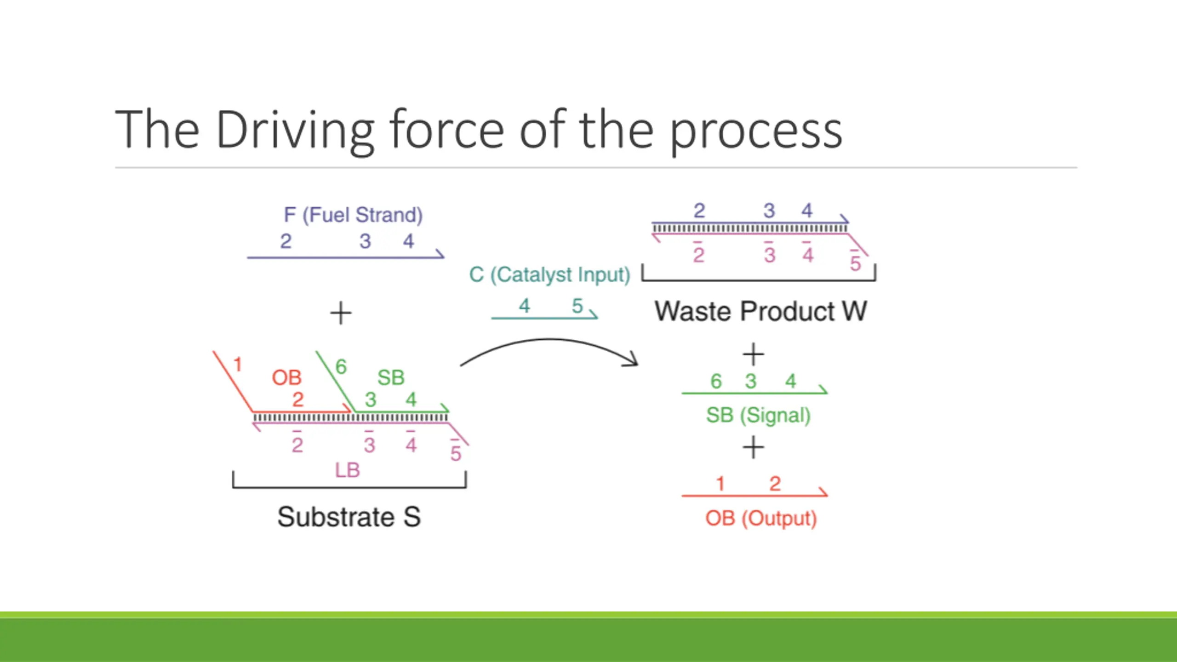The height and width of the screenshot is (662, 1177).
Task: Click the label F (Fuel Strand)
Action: pyautogui.click(x=353, y=215)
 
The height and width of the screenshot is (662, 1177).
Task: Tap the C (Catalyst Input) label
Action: pyautogui.click(x=549, y=275)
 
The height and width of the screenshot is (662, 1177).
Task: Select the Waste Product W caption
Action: pyautogui.click(x=760, y=311)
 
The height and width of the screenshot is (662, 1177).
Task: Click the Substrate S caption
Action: pyautogui.click(x=349, y=517)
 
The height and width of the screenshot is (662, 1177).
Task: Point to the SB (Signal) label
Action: pyautogui.click(x=758, y=415)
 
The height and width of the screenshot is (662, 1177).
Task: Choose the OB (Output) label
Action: pyautogui.click(x=761, y=519)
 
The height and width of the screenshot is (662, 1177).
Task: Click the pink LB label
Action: pyautogui.click(x=347, y=470)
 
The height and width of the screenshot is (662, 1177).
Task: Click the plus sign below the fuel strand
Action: pyautogui.click(x=341, y=313)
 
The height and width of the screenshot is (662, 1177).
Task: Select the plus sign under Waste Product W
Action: pyautogui.click(x=753, y=354)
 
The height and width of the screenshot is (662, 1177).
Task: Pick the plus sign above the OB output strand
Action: pyautogui.click(x=753, y=447)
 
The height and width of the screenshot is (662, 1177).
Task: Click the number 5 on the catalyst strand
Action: pyautogui.click(x=577, y=306)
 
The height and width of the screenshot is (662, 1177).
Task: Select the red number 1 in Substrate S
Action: pyautogui.click(x=237, y=365)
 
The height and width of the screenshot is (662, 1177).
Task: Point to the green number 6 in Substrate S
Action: pyautogui.click(x=341, y=366)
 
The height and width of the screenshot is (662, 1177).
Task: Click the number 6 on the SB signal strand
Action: pyautogui.click(x=716, y=381)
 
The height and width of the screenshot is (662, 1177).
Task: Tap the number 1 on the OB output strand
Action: pyautogui.click(x=720, y=484)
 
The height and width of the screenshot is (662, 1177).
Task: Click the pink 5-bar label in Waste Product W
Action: pyautogui.click(x=855, y=263)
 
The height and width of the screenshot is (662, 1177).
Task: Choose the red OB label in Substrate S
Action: pyautogui.click(x=286, y=378)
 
